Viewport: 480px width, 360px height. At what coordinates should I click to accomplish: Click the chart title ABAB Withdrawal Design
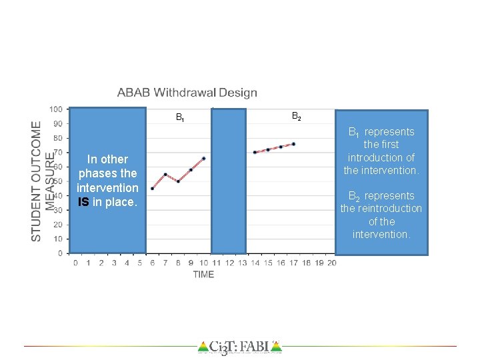[x=187, y=93]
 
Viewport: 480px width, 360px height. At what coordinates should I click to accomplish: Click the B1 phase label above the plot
[x=180, y=118]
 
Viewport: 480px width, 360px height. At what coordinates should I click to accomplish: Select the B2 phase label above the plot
[x=297, y=117]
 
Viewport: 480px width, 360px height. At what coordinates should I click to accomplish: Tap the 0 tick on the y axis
[x=60, y=253]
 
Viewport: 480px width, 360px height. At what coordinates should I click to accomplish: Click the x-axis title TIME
[x=203, y=274]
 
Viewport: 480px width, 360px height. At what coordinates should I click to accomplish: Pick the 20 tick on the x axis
[x=331, y=263]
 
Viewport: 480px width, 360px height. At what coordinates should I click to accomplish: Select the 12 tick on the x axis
[x=229, y=263]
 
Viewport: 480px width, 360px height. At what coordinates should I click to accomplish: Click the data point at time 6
[x=152, y=189]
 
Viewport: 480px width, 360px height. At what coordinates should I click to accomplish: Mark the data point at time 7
[x=165, y=174]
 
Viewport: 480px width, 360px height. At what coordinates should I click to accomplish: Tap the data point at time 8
[x=178, y=181]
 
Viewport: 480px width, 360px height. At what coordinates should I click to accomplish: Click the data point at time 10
[x=203, y=158]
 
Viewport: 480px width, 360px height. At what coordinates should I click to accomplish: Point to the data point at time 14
[x=255, y=152]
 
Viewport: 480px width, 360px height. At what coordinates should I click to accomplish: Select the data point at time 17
[x=293, y=144]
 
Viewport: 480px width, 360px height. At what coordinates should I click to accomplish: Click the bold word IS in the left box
[x=83, y=202]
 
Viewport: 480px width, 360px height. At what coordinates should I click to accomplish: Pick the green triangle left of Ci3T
[x=203, y=347]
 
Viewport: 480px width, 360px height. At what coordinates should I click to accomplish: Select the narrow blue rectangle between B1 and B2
[x=229, y=180]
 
